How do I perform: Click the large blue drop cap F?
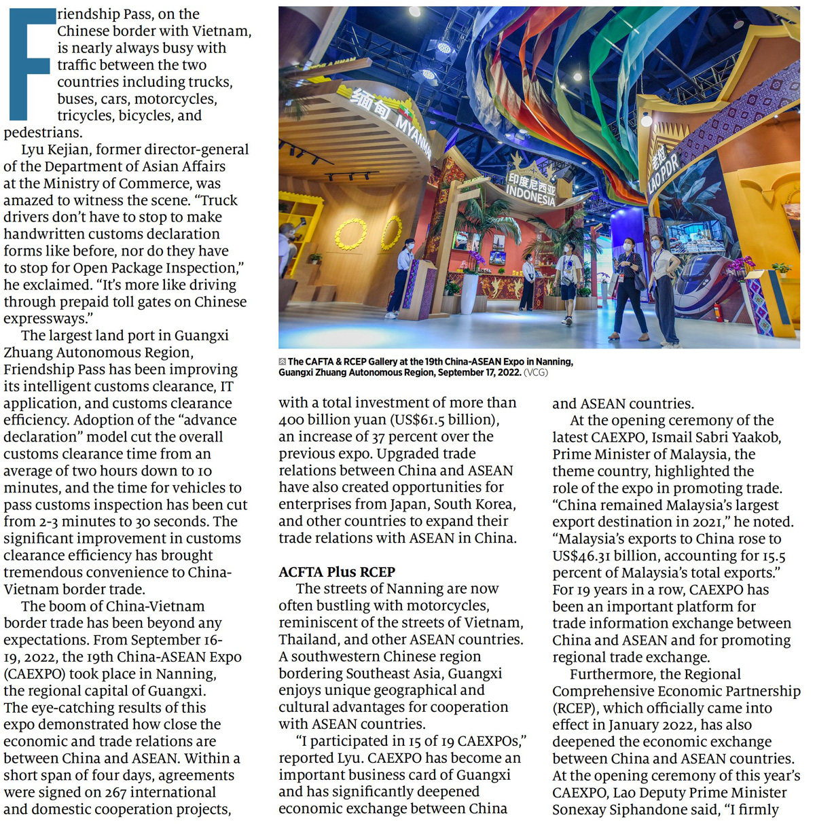(x=31, y=65)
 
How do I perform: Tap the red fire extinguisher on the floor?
(x=718, y=312)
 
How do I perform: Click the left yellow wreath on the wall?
(x=351, y=234)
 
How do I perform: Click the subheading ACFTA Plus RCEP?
(x=337, y=572)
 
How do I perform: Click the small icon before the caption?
(x=283, y=362)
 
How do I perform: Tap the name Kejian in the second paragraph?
(x=77, y=149)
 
